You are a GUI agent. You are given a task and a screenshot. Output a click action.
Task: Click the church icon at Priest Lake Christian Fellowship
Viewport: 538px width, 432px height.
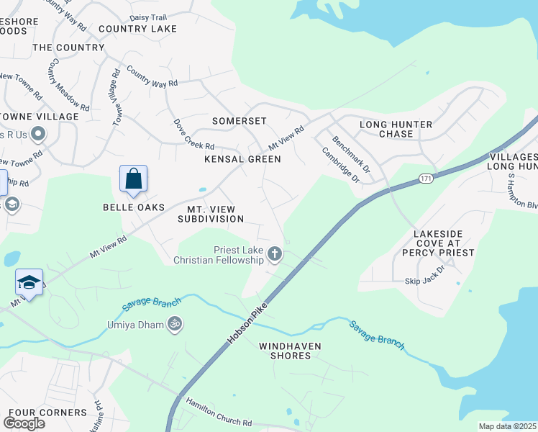click(274, 253)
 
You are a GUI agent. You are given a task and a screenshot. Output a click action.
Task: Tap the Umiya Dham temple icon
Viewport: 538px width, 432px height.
click(173, 325)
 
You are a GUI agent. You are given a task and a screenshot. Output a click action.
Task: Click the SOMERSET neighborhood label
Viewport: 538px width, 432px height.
click(239, 121)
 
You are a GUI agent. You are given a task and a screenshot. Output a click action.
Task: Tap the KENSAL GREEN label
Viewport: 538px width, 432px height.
click(242, 158)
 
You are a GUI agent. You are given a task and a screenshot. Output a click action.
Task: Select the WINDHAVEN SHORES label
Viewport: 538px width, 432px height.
click(291, 351)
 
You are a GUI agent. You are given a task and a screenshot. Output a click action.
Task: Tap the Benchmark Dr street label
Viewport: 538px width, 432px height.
click(351, 155)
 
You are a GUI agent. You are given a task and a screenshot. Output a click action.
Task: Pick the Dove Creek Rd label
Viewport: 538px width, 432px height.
click(195, 135)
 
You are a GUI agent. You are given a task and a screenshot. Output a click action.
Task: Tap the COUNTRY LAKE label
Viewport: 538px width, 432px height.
click(137, 29)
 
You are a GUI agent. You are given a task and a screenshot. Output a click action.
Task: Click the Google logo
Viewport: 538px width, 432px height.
click(24, 423)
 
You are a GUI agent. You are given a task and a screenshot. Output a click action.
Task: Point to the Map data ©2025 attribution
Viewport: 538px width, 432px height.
click(507, 426)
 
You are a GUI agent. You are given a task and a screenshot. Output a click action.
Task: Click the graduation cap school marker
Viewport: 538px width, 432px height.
click(29, 282)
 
